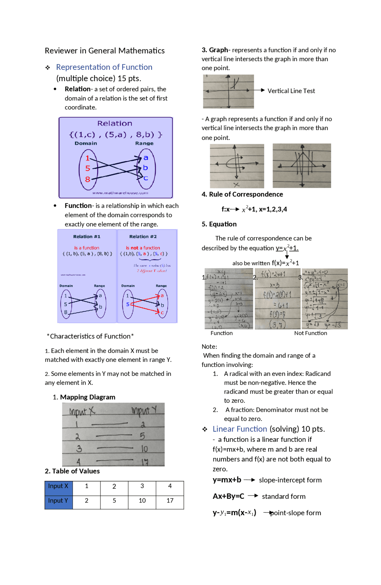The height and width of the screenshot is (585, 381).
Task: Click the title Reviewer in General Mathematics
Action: pos(104,51)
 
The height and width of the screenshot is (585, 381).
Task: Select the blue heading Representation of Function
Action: pos(104,67)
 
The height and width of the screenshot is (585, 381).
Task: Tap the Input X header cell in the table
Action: pos(58,486)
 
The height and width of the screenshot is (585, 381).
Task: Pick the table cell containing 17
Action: pos(170,501)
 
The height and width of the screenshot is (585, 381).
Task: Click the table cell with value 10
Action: pos(142,501)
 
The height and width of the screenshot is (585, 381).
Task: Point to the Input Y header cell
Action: pos(58,501)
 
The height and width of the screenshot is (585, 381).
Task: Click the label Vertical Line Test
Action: pos(291,91)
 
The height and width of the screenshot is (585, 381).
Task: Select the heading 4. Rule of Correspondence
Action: pos(242,194)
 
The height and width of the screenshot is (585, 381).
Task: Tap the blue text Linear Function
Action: pos(240,429)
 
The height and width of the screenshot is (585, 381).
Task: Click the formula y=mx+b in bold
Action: pos(227,480)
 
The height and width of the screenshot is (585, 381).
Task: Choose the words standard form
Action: pos(283,496)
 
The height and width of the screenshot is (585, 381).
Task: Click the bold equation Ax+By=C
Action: pos(228,496)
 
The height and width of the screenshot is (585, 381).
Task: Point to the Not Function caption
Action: pos(310,333)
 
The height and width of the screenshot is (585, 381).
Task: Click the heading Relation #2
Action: pos(143,236)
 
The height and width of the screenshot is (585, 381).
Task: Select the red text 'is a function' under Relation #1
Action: pos(87,248)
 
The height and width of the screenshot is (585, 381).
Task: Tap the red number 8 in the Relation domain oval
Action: pos(88,179)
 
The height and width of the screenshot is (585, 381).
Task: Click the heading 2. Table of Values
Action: pos(72,471)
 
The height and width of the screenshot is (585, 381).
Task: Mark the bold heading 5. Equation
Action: pos(219,224)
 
